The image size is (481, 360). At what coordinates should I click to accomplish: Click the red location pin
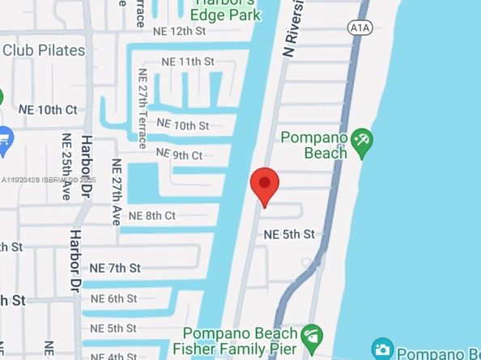tap(264, 185)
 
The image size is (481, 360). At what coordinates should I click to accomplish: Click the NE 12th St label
tap(179, 31)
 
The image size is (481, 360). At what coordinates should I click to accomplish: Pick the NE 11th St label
tap(188, 61)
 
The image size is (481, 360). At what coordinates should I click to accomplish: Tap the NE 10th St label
tap(182, 125)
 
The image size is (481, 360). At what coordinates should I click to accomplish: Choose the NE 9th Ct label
tap(179, 154)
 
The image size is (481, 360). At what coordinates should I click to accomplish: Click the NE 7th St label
tap(115, 268)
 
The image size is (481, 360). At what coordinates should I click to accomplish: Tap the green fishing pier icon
tap(309, 334)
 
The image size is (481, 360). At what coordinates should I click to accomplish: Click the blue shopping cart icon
tap(4, 138)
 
